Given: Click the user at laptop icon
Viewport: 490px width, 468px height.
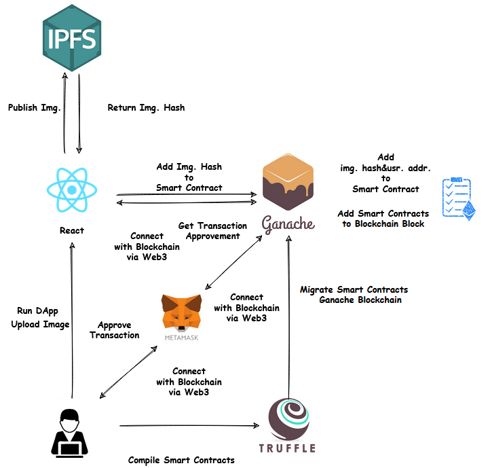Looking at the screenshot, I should (x=70, y=432).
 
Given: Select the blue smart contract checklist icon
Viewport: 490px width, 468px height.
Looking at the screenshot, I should (x=459, y=197).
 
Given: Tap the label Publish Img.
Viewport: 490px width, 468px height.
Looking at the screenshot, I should (x=34, y=108).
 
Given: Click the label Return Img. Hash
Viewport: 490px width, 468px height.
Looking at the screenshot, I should (x=146, y=108).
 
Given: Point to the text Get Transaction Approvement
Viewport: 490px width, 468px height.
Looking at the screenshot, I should (x=212, y=231).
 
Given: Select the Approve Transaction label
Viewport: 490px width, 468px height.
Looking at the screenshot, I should (x=114, y=330).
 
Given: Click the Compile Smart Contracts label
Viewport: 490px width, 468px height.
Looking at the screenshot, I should (x=181, y=460).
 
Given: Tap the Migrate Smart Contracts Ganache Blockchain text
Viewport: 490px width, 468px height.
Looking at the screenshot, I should (x=354, y=295).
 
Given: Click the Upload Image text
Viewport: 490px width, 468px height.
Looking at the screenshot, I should (x=40, y=325).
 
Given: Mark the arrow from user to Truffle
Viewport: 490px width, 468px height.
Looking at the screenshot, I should (x=189, y=426).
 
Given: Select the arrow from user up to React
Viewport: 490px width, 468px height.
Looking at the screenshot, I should (x=71, y=319).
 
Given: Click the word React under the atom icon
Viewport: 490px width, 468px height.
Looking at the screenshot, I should (x=72, y=230).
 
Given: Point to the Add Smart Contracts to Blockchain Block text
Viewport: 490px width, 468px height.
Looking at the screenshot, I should (x=383, y=219).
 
